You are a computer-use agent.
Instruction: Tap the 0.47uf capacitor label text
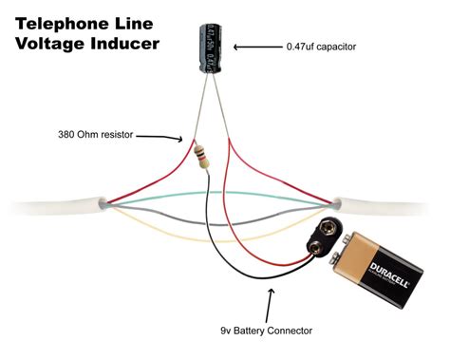[324, 47]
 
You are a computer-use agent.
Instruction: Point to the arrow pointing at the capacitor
[254, 47]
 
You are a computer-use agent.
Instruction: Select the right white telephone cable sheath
[389, 202]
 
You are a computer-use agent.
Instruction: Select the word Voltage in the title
[46, 44]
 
